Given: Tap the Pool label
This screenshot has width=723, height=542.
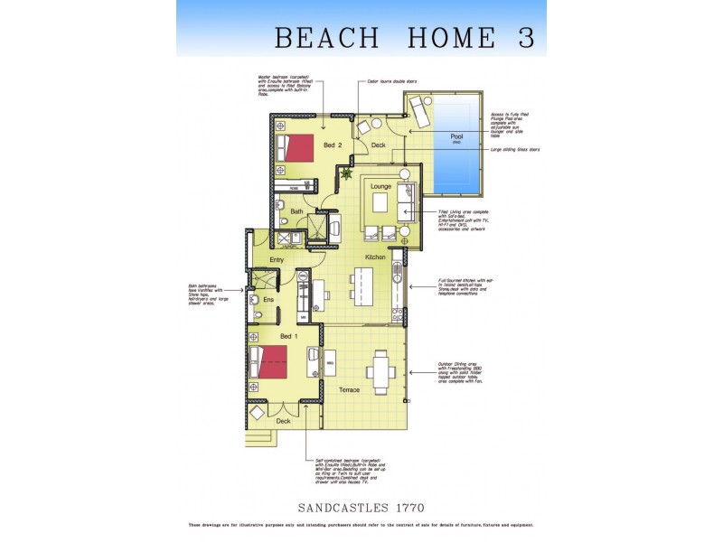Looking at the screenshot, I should point(456,137).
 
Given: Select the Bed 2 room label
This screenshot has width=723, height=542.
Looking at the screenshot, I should point(333,145).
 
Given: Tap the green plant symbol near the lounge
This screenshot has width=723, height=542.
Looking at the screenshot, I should point(344,172).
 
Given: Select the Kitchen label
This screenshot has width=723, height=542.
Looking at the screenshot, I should point(376,257).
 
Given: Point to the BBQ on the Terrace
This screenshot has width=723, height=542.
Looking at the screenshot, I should point(331,363).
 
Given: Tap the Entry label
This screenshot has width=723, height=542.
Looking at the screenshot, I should point(277,260).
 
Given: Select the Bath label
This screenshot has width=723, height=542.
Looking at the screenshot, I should point(296,211).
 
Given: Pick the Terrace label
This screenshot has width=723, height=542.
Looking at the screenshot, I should point(349,390).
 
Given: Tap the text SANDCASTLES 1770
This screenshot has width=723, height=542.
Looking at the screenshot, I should point(361,508).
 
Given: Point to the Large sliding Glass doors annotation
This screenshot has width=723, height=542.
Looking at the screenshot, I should point(515,150).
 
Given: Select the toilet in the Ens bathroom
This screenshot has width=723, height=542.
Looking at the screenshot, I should point(258,314).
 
